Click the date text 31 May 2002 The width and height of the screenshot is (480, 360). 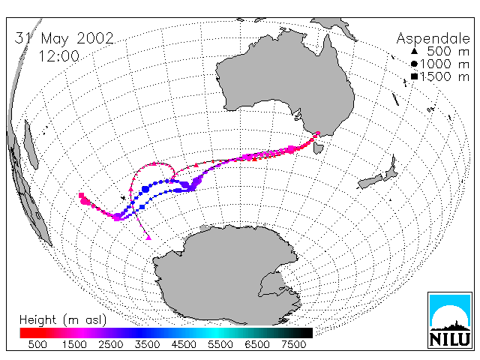(x=64, y=38)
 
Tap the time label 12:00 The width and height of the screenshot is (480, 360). (x=59, y=56)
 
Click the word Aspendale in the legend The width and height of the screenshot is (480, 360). (x=433, y=39)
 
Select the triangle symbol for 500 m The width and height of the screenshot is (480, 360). (x=414, y=51)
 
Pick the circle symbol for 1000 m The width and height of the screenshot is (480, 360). (x=414, y=64)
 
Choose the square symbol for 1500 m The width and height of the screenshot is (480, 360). (x=414, y=76)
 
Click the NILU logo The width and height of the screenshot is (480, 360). (x=450, y=320)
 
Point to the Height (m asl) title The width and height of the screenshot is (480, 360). (x=63, y=320)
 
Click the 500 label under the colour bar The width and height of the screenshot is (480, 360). (x=37, y=345)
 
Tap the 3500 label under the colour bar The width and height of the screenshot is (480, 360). (x=147, y=345)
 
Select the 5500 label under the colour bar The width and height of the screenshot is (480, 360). (x=220, y=345)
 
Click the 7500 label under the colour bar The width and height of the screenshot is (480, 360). (x=293, y=345)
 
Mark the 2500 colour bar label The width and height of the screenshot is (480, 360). (x=111, y=345)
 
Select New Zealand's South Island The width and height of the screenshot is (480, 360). (x=370, y=181)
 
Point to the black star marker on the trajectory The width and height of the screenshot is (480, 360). (x=123, y=198)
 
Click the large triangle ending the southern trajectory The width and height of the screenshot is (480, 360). (x=148, y=237)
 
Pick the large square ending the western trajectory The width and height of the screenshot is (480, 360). (x=81, y=195)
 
